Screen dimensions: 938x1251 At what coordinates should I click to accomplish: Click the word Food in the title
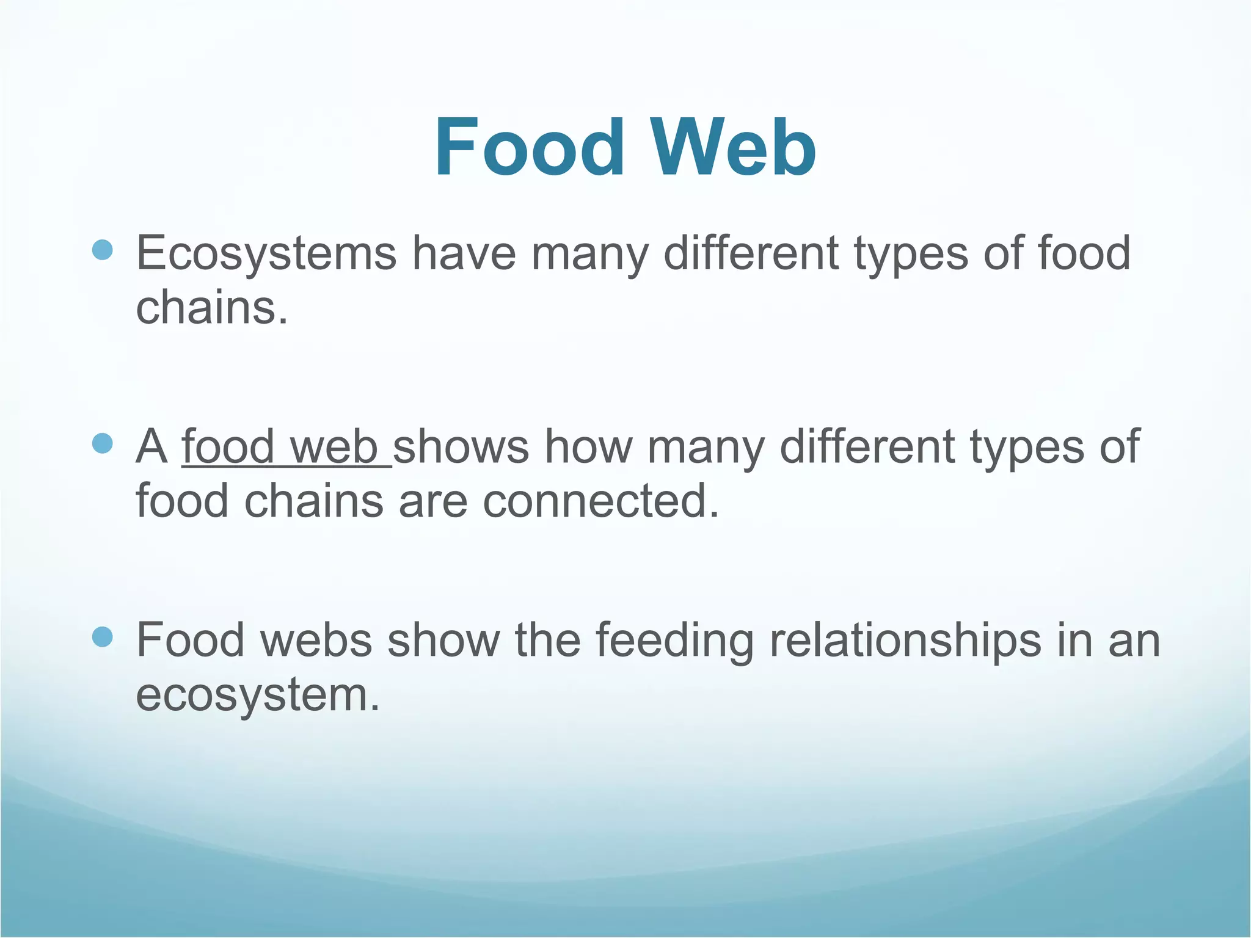pos(530,148)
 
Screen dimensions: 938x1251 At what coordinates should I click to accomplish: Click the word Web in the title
pos(732,148)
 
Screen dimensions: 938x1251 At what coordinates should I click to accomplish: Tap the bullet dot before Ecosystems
pos(103,250)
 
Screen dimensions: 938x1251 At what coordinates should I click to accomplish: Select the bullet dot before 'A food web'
pos(103,443)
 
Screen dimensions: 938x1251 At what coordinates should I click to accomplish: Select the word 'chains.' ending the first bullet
pos(211,308)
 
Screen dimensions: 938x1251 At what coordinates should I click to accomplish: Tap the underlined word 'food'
pos(227,447)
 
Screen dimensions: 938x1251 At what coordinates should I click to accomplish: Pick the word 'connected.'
pos(601,501)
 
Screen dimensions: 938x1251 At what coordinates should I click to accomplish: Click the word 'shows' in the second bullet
pos(461,447)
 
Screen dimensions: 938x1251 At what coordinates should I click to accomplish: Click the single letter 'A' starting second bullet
pos(151,447)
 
